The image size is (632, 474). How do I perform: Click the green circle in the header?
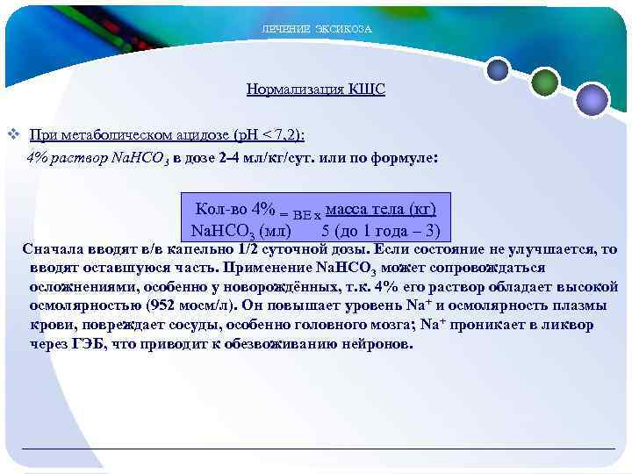point(545,83)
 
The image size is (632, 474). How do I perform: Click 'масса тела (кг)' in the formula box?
point(380,210)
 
